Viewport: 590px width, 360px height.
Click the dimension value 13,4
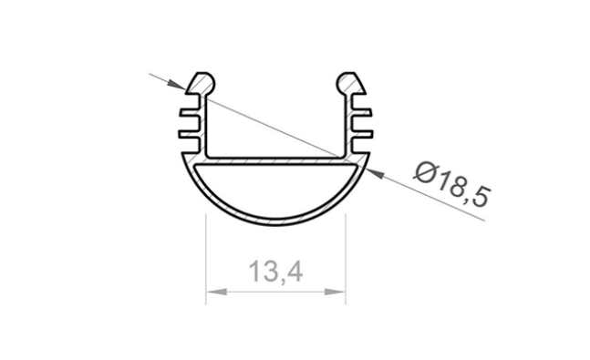point(274,272)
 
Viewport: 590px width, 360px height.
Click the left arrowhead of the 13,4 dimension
point(212,293)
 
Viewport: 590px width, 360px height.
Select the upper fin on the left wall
point(190,116)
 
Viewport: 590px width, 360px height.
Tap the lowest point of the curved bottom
point(275,221)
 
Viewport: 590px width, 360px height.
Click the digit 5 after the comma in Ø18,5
point(481,195)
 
